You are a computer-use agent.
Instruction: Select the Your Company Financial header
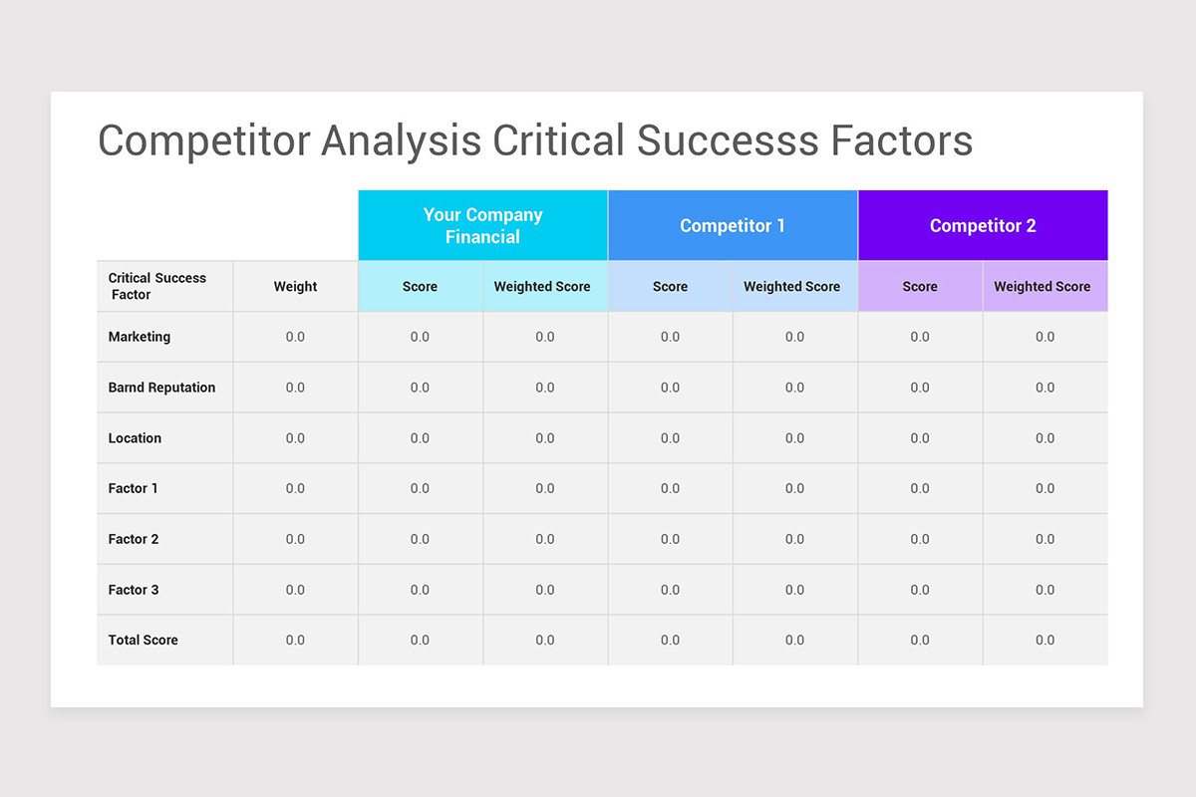coord(482,226)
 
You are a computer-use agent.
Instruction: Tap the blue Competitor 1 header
coord(733,226)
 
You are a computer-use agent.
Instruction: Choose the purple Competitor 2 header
coord(983,226)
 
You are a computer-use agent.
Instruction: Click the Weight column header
coord(295,287)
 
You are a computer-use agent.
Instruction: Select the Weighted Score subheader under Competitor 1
coord(792,287)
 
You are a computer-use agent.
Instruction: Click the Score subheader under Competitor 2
coord(920,287)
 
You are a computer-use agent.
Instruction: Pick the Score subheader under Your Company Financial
coord(420,287)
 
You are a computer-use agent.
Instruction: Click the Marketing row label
coord(140,337)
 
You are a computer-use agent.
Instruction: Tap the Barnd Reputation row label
coord(161,388)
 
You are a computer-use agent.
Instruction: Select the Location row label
coord(135,438)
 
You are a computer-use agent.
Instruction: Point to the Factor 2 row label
coord(134,539)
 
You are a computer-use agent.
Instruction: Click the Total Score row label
coord(144,640)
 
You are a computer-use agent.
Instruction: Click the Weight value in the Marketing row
coord(295,337)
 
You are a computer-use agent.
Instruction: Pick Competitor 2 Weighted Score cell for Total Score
coord(1045,640)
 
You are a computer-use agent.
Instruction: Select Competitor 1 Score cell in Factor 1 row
coord(670,488)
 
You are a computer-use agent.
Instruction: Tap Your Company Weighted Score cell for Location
coord(544,438)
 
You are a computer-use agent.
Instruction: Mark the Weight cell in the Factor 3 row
coord(295,590)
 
